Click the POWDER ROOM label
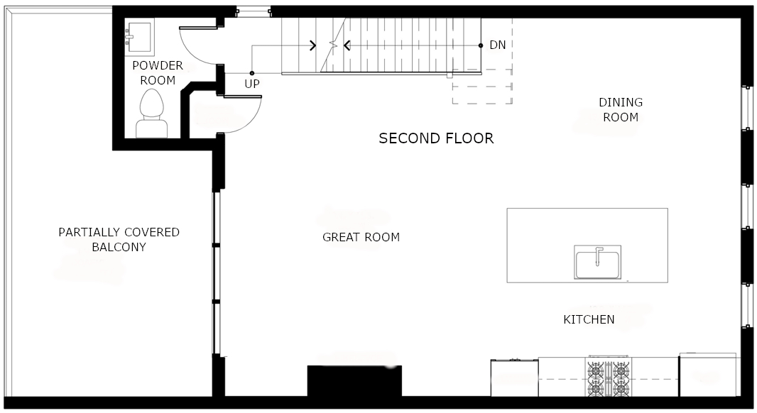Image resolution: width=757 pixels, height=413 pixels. click(157, 73)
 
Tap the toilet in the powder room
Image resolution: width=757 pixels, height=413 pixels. click(153, 116)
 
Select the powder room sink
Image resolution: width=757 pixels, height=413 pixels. click(139, 36)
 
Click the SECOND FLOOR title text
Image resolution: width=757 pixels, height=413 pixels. click(436, 138)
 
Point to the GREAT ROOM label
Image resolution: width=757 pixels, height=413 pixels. click(361, 237)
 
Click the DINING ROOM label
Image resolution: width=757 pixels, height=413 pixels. click(621, 110)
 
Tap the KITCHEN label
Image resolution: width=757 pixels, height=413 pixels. click(589, 319)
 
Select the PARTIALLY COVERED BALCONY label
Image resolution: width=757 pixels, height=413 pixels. click(119, 240)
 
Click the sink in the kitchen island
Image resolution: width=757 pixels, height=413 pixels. click(597, 263)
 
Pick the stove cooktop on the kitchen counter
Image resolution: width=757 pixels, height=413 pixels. click(609, 378)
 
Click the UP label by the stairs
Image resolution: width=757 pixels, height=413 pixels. click(252, 84)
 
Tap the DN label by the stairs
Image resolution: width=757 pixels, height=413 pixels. click(498, 45)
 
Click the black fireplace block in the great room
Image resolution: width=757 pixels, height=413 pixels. click(354, 381)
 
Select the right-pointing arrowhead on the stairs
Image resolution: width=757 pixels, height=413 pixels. click(313, 46)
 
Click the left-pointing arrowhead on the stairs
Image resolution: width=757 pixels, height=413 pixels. click(347, 46)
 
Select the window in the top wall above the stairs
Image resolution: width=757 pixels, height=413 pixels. click(254, 11)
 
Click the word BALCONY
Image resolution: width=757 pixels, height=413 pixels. click(119, 248)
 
